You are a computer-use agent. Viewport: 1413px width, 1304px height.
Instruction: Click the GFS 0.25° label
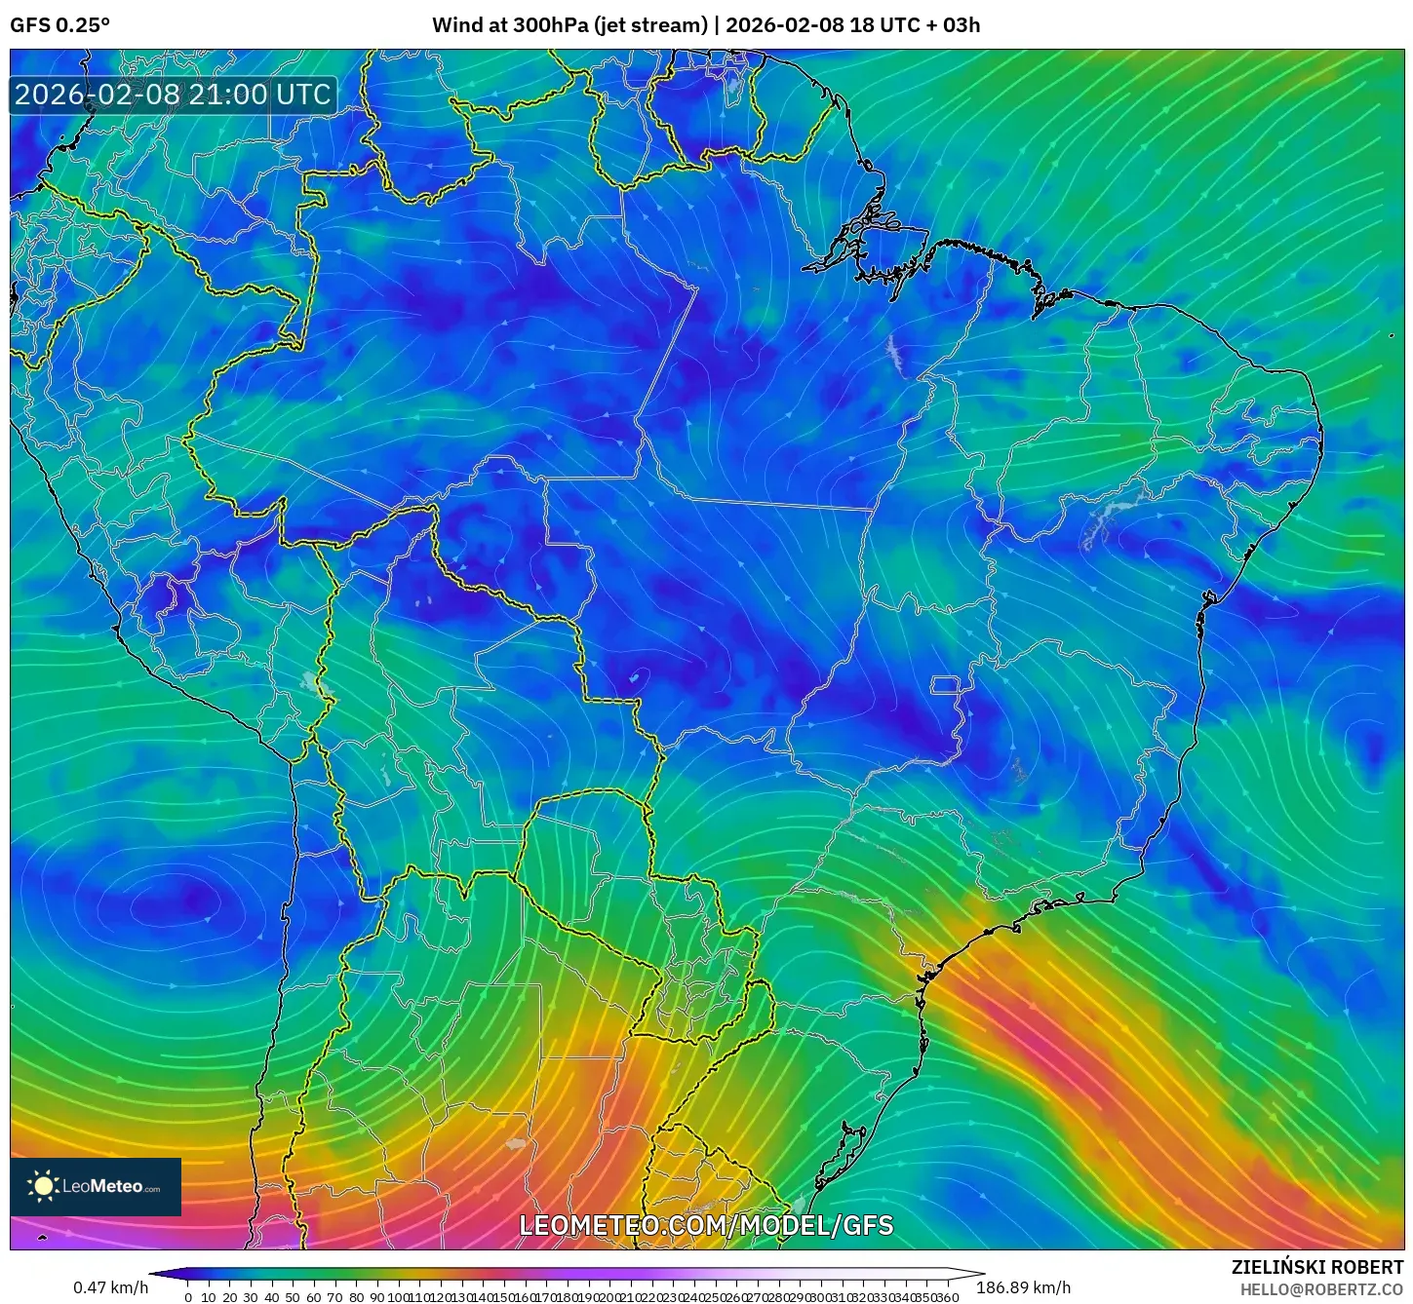[x=59, y=24]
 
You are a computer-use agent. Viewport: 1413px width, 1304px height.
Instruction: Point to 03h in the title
[x=962, y=24]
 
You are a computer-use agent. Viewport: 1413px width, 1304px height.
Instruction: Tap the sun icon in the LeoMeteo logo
[x=43, y=1185]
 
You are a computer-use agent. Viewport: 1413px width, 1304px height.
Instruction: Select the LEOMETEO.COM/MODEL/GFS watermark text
[x=706, y=1225]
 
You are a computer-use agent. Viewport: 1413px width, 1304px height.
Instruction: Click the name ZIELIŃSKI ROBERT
[x=1317, y=1267]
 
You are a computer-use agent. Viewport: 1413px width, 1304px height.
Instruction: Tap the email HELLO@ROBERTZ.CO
[x=1321, y=1289]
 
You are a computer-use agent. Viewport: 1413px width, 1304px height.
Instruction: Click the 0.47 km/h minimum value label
[x=110, y=1287]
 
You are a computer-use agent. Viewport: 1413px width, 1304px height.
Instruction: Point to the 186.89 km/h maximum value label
[x=1023, y=1287]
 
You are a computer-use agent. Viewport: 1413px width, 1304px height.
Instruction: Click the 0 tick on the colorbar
[x=188, y=1297]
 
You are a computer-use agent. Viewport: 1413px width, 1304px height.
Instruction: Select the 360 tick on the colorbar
[x=948, y=1297]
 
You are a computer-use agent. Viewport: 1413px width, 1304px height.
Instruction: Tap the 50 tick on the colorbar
[x=293, y=1297]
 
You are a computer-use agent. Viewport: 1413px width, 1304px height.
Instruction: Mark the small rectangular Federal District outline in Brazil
[x=945, y=684]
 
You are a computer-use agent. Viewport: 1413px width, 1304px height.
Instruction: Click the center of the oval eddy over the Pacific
[x=185, y=899]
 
